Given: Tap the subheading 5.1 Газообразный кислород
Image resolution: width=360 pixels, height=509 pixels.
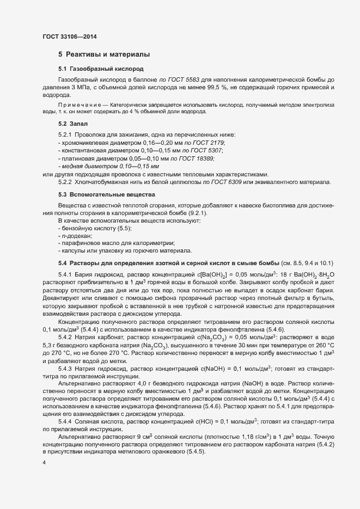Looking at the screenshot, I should click(x=94, y=70).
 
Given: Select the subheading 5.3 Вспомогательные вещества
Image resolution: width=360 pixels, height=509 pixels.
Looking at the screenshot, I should click(x=99, y=194).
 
